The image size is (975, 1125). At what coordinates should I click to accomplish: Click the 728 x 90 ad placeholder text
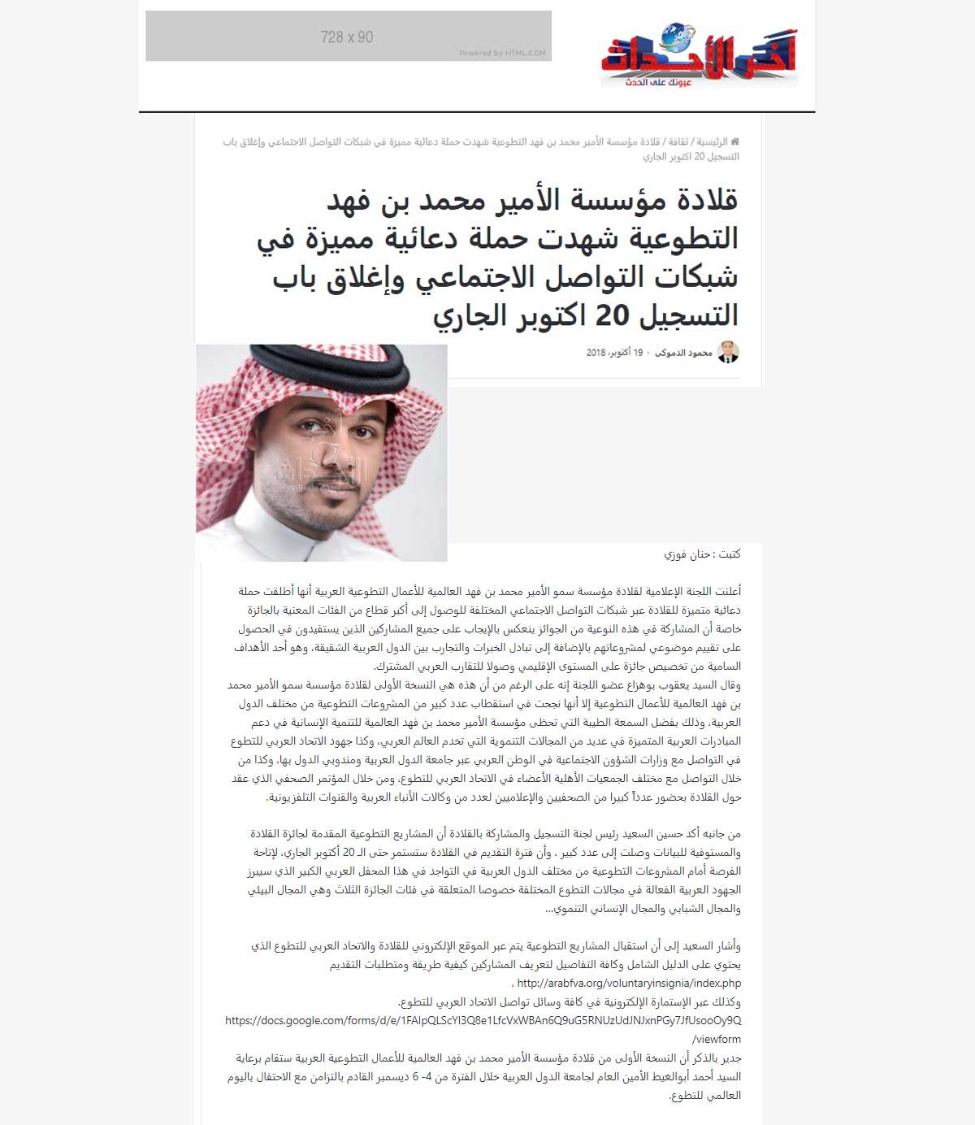coord(347,37)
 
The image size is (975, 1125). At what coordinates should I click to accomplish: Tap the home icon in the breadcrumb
coord(734,141)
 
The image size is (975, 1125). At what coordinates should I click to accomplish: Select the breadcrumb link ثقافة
coord(678,141)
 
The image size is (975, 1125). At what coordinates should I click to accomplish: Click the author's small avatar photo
coord(728,352)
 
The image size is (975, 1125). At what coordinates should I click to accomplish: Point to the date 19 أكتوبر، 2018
coord(614,353)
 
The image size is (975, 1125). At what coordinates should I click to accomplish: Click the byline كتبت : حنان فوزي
coord(702,554)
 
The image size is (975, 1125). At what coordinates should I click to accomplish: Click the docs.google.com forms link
coord(483,1020)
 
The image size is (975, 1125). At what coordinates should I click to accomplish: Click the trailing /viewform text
coord(716,1039)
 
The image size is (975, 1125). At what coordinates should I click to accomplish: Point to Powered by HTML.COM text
coord(502,54)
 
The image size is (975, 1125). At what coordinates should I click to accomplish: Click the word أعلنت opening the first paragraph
coord(726,591)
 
